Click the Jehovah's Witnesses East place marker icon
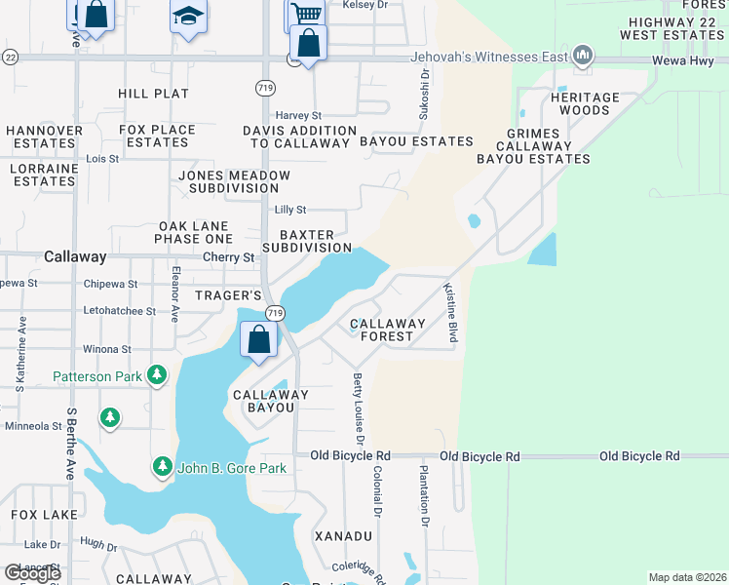pos(583,56)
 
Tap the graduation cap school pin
pos(188,16)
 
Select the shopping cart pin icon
pos(305,14)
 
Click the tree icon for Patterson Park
pos(156,374)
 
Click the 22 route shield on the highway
pos(9,58)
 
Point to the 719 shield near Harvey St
pos(264,88)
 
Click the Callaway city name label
pos(75,256)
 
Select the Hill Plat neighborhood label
pos(153,94)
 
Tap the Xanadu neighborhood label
pos(343,536)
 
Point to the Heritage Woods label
pos(585,103)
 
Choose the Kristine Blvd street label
pos(450,312)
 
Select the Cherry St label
pos(228,257)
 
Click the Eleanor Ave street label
pos(175,294)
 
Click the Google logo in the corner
pos(32,573)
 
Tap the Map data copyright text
pos(686,577)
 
